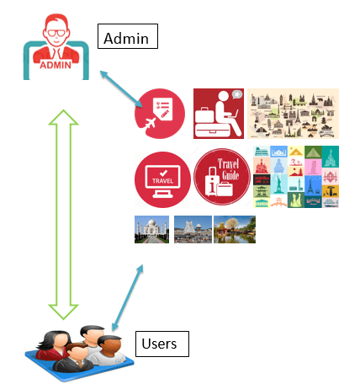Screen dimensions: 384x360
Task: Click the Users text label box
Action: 161,344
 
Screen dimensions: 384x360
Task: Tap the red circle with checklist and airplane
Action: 161,114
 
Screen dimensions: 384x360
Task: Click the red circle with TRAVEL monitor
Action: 161,177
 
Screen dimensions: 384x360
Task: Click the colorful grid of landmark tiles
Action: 297,177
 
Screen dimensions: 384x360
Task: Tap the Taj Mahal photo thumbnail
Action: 151,230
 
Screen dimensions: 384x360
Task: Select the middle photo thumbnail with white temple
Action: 193,230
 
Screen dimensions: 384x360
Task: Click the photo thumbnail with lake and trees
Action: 235,230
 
